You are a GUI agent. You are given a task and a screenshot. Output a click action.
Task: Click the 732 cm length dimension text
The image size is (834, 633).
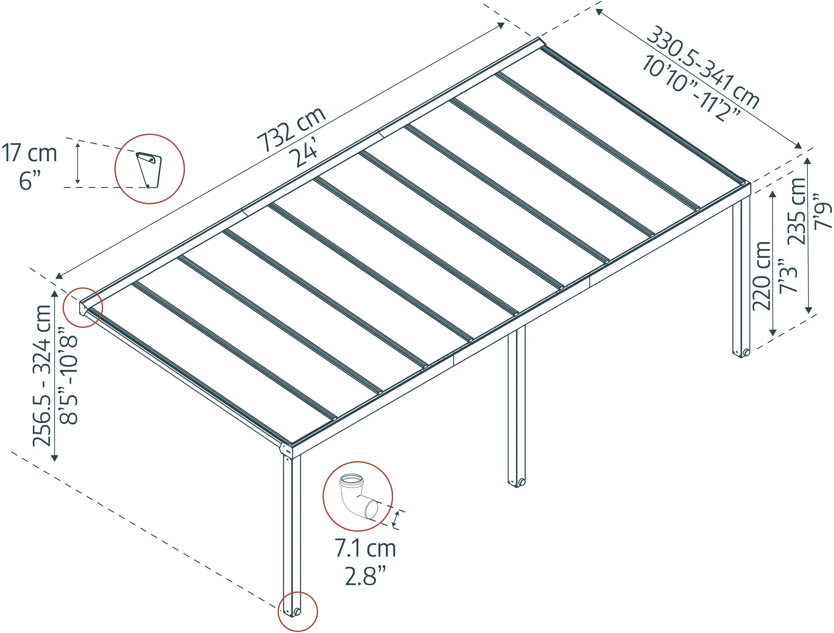tap(291, 129)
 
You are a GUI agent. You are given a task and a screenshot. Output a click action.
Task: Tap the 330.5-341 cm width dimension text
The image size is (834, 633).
tap(703, 67)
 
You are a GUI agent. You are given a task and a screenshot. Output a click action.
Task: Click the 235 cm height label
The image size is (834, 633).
tap(797, 211)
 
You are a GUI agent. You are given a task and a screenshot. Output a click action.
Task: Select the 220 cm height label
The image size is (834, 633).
tap(761, 276)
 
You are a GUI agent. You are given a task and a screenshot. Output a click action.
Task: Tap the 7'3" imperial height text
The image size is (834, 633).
tap(788, 276)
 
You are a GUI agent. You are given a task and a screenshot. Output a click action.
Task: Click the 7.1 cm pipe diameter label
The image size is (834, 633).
tap(365, 548)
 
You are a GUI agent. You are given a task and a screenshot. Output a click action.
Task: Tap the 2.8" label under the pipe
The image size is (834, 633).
tap(365, 576)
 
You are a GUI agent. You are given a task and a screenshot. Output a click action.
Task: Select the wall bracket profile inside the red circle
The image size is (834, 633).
tap(149, 170)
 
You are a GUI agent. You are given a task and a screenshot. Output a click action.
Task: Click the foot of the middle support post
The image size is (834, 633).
tap(517, 483)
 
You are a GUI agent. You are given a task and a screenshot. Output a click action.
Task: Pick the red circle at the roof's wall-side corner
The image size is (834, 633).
tap(83, 308)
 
